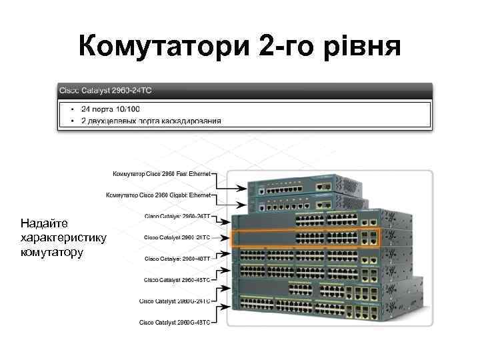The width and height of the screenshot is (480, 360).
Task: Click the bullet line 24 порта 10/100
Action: tap(111, 108)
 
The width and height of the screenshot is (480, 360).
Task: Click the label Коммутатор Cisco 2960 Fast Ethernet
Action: tap(161, 173)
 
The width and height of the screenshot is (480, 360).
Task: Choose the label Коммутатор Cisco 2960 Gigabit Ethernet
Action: tap(159, 195)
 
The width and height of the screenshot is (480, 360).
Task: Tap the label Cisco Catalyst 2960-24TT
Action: tap(177, 216)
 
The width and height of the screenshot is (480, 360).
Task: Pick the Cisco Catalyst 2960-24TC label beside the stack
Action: tap(177, 237)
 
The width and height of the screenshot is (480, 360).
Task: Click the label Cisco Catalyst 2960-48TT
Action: tap(177, 258)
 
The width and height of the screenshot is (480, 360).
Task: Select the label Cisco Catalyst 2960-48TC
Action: tap(177, 279)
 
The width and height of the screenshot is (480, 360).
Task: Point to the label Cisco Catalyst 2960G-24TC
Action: tap(175, 301)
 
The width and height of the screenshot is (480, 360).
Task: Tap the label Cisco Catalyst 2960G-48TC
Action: tap(175, 322)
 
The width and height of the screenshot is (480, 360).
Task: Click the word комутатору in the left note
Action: tap(52, 252)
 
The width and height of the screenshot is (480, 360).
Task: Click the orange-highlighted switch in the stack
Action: tap(307, 238)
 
